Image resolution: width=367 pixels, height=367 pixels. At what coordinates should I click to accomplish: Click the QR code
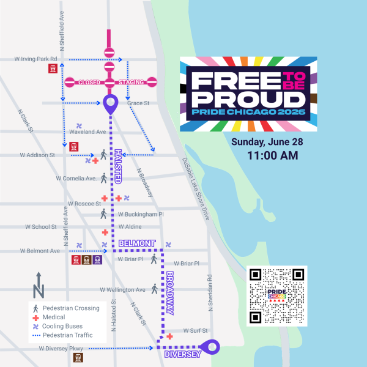click(x=277, y=295)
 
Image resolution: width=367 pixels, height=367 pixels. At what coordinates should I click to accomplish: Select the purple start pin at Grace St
click(x=110, y=103)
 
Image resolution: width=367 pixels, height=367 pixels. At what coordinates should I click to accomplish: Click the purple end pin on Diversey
click(x=212, y=347)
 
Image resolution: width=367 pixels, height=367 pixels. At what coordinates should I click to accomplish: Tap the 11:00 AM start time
click(x=272, y=156)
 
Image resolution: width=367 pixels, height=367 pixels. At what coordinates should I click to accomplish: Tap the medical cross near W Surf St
click(x=169, y=336)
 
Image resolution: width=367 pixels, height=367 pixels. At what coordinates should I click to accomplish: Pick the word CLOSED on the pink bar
click(x=89, y=82)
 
